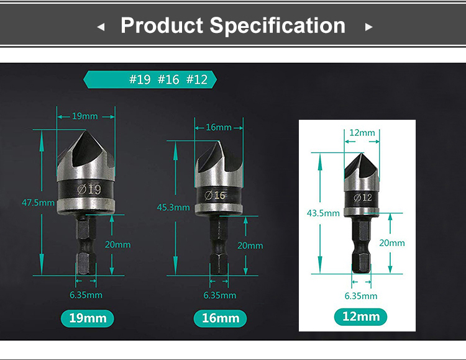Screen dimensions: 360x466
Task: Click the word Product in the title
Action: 162,25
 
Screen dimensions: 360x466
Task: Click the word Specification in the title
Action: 277,25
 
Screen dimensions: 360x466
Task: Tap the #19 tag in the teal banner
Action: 140,79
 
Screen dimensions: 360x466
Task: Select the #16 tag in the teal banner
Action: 168,79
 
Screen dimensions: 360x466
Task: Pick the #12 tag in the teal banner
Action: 197,79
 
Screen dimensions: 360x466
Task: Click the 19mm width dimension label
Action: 86,115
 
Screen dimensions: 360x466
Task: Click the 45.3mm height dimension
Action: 174,207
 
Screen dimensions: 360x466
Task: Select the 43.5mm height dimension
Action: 324,213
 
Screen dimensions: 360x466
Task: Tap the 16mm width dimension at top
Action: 219,127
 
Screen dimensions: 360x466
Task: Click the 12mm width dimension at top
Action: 362,132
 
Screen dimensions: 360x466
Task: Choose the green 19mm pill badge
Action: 88,318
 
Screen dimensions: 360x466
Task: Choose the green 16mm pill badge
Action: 221,318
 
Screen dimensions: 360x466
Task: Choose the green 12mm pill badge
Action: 361,317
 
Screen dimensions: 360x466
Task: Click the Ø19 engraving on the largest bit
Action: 88,189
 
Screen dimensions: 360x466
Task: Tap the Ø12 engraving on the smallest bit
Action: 362,198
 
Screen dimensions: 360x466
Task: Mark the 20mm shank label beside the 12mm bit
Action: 392,243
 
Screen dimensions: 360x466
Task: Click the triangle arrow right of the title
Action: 368,27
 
